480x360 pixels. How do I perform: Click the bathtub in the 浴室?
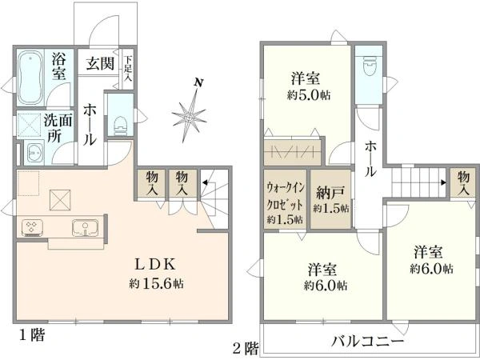pyautogui.click(x=30, y=78)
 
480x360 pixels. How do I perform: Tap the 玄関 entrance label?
pyautogui.click(x=100, y=64)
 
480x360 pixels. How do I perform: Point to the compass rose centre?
pyautogui.click(x=189, y=117)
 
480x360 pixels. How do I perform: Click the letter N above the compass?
pyautogui.click(x=199, y=82)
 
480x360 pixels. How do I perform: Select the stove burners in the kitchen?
pyautogui.click(x=32, y=227)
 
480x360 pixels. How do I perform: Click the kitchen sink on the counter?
pyautogui.click(x=85, y=228)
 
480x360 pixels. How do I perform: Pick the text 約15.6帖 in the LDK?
pyautogui.click(x=156, y=284)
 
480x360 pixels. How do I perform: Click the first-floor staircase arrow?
pyautogui.click(x=205, y=183)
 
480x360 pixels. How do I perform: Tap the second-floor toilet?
pyautogui.click(x=368, y=66)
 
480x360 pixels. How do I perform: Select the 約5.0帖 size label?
pyautogui.click(x=309, y=95)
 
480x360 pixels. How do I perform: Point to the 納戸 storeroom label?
pyautogui.click(x=330, y=192)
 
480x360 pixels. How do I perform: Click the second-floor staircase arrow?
pyautogui.click(x=443, y=182)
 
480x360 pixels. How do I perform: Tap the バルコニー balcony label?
pyautogui.click(x=367, y=341)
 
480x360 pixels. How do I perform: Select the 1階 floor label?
pyautogui.click(x=32, y=335)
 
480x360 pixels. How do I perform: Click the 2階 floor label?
pyautogui.click(x=246, y=348)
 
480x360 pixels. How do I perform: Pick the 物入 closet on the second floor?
pyautogui.click(x=463, y=183)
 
